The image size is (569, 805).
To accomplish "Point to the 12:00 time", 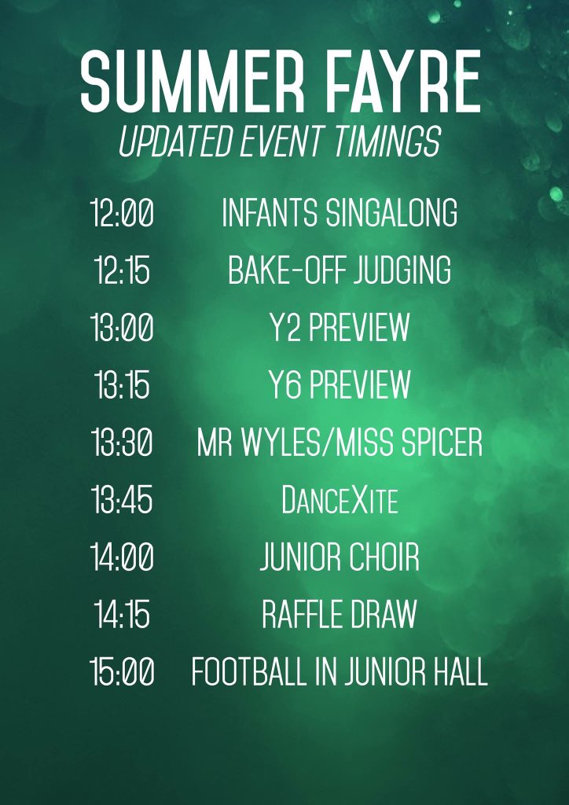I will pos(123,214).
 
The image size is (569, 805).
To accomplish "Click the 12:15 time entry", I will pos(123,271).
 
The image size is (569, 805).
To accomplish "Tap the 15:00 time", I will pos(123,673).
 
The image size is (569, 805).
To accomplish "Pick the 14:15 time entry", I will pos(123,616).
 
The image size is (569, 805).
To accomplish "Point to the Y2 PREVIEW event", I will pos(340,329).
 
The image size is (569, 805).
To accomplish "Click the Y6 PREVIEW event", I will pos(340,386).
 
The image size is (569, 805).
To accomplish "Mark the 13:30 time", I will pos(123,443).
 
